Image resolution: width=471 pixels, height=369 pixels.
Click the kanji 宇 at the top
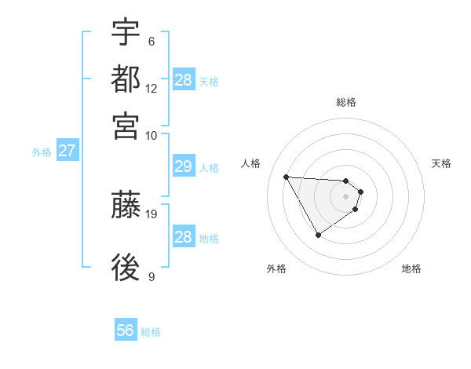(x=126, y=33)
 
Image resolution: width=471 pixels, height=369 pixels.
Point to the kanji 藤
(x=126, y=206)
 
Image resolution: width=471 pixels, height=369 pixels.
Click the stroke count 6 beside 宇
(x=152, y=41)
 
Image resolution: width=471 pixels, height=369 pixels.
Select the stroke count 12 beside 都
(x=152, y=88)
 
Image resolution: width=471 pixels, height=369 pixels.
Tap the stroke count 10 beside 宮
(x=152, y=134)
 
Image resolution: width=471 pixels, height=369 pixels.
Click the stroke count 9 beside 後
(x=152, y=276)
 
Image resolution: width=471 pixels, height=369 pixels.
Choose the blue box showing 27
(x=67, y=151)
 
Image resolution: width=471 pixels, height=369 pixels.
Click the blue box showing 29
(x=183, y=166)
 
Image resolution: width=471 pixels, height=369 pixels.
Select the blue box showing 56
(x=126, y=331)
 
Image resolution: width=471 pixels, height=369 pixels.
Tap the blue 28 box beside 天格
(x=183, y=80)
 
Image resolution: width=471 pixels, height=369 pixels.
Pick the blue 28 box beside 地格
(x=183, y=237)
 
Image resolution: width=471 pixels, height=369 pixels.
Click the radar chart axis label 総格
(x=346, y=102)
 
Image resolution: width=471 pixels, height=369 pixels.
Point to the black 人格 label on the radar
(x=251, y=163)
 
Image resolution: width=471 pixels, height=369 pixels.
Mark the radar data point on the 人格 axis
(x=287, y=177)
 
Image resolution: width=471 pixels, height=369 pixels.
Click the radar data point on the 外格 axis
(x=318, y=234)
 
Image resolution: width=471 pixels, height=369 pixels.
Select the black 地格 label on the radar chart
(x=411, y=269)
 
